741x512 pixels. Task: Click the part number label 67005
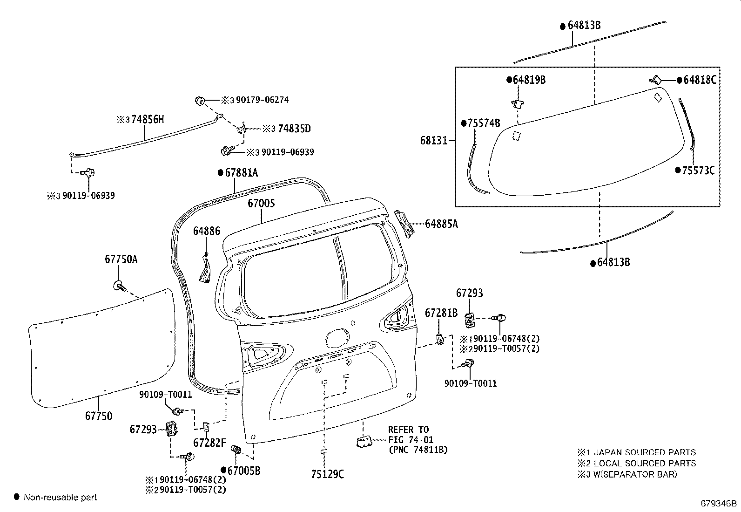pos(261,204)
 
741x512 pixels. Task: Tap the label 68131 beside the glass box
pos(434,140)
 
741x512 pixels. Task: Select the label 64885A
pos(441,224)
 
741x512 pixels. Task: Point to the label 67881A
pos(241,173)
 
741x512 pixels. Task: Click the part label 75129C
pos(327,474)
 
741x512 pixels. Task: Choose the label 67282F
pos(209,443)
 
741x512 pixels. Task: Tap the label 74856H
pos(148,119)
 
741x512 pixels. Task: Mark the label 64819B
pos(529,80)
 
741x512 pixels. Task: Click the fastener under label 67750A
pos(119,286)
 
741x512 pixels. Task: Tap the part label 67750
pos(98,416)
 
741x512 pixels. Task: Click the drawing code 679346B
pos(719,504)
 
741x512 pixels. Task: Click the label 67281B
pos(441,313)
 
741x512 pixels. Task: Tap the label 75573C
pos(698,171)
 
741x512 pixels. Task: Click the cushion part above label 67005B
pos(236,450)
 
